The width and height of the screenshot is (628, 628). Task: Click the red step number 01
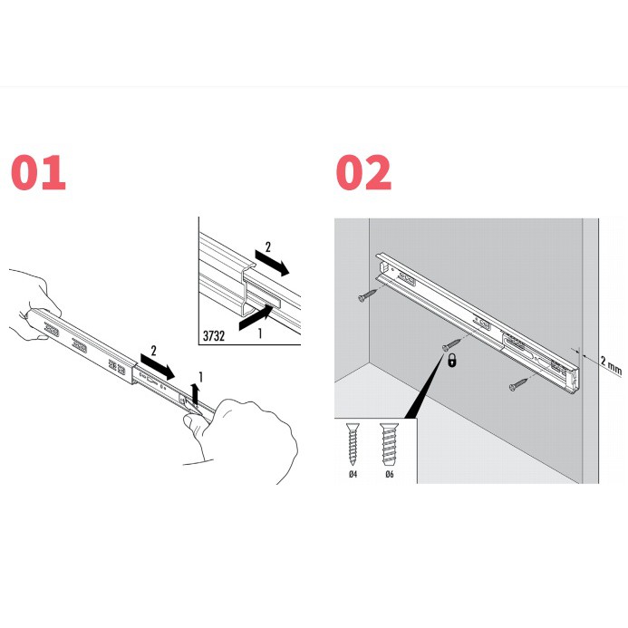pos(38,172)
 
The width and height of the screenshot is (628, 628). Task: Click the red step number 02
pos(363,172)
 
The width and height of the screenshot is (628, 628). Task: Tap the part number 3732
pos(214,335)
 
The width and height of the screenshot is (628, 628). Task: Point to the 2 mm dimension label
pos(611,365)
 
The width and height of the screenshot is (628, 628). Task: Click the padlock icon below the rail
pos(452,360)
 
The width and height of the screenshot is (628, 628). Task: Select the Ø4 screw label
pos(353,474)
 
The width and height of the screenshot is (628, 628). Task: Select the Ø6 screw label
pos(390,474)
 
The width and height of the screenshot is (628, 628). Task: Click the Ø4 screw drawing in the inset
pos(353,444)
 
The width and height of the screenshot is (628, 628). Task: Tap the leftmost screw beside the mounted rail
pos(367,295)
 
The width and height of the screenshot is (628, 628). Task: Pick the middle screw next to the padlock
pos(451,345)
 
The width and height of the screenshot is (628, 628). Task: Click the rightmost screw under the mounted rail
pos(518,384)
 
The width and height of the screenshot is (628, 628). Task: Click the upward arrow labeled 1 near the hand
pos(196,393)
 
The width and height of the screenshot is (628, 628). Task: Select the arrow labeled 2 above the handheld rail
pos(158,366)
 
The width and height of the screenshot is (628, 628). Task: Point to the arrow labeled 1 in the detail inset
pos(256,317)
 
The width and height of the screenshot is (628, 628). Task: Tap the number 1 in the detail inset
pos(260,333)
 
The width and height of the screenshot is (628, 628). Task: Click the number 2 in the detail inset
pos(268,247)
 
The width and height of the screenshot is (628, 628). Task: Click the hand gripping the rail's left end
pos(34,306)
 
